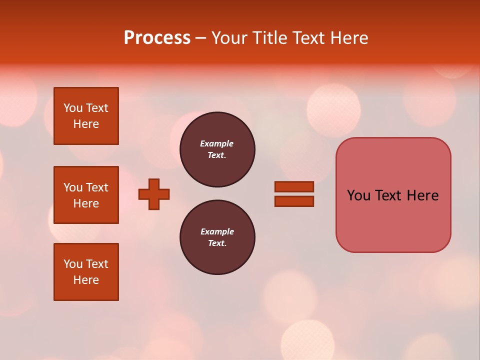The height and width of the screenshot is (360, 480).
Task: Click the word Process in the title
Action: click(x=157, y=38)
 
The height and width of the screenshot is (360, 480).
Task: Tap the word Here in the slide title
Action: click(x=348, y=38)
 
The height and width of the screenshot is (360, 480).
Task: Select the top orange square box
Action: click(x=86, y=116)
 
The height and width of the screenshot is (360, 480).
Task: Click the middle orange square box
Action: click(x=86, y=195)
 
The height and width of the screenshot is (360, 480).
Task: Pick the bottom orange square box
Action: click(x=86, y=272)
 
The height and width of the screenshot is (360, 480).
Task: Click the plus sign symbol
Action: click(x=154, y=194)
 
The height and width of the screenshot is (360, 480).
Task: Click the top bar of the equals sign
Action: click(x=294, y=186)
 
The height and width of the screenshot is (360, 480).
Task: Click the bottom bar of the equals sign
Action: click(x=294, y=201)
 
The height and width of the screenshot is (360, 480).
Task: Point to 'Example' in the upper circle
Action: click(x=217, y=143)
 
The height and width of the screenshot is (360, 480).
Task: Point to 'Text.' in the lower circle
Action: click(x=217, y=243)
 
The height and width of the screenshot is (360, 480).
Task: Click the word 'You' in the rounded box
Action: click(x=359, y=195)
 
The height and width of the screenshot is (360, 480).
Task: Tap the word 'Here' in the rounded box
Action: click(x=422, y=195)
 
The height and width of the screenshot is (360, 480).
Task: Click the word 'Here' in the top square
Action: click(x=86, y=124)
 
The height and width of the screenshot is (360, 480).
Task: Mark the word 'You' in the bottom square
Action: click(x=73, y=264)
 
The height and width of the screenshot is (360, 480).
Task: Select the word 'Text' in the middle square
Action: click(x=97, y=187)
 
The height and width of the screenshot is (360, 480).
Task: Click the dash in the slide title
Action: click(x=200, y=38)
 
